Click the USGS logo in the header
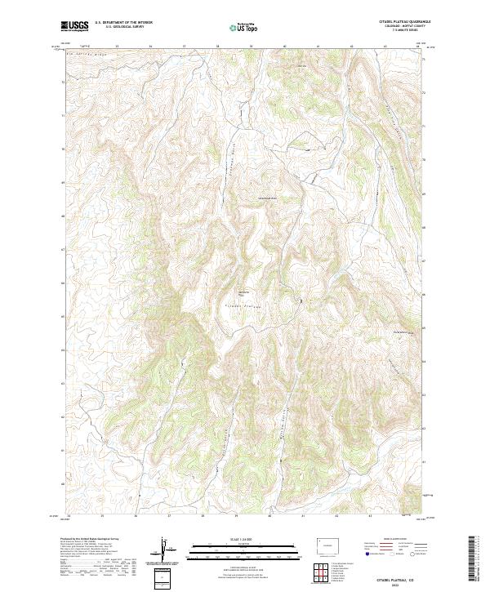(x=74, y=27)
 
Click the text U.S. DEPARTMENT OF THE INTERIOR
(x=123, y=24)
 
